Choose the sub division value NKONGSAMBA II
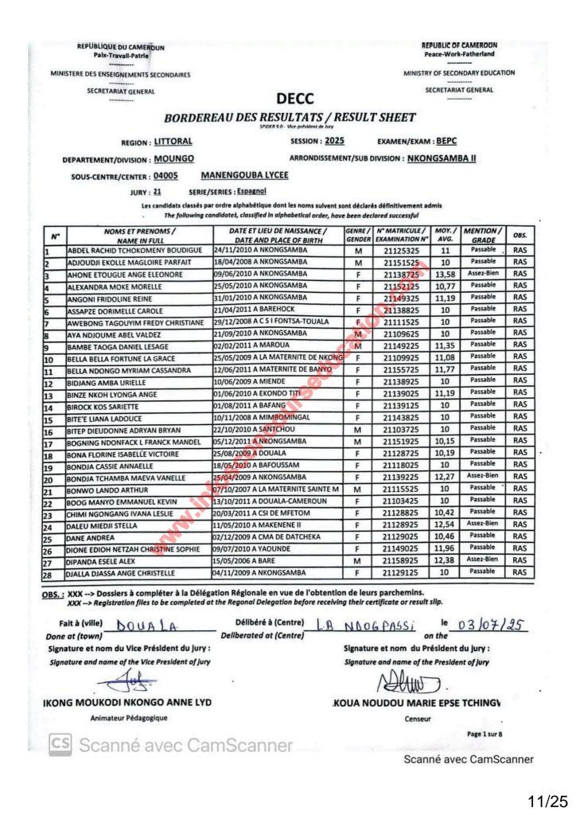[441, 158]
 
